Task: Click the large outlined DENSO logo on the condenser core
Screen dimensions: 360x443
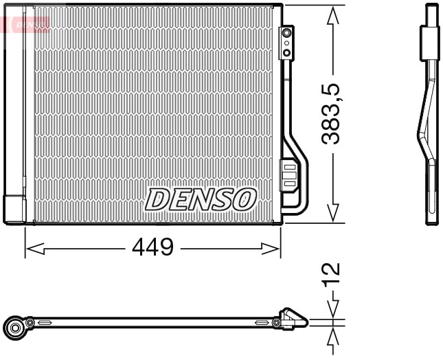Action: click(x=200, y=199)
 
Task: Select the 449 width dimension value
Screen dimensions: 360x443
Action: click(x=152, y=247)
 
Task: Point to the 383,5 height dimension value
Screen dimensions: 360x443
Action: click(x=332, y=113)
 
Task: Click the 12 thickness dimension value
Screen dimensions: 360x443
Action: click(x=332, y=273)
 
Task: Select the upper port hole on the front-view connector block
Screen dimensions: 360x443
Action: click(x=286, y=32)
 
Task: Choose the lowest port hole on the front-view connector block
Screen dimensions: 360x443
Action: click(x=286, y=53)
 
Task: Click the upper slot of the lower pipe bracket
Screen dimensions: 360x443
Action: click(x=289, y=167)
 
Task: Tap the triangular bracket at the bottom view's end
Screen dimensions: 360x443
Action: click(x=294, y=319)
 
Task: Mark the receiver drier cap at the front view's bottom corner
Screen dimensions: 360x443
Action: click(x=14, y=210)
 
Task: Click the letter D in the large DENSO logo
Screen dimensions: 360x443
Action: click(x=157, y=199)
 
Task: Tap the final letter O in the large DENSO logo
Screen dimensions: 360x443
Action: click(x=245, y=199)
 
